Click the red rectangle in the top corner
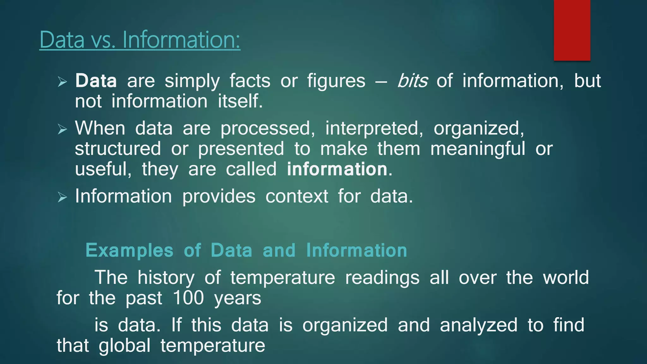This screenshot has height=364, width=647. click(572, 30)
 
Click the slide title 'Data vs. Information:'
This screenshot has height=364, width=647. click(140, 40)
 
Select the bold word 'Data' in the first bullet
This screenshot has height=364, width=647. click(96, 81)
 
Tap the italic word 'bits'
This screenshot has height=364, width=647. click(412, 81)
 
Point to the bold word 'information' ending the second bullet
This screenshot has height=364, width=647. click(337, 169)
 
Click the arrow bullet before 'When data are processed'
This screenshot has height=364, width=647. click(63, 129)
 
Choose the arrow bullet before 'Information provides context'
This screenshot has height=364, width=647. click(63, 197)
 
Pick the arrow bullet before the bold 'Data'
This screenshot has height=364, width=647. click(63, 82)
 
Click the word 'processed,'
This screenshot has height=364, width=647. click(268, 129)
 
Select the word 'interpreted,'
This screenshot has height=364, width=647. click(374, 129)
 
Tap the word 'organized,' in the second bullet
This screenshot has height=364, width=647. click(479, 129)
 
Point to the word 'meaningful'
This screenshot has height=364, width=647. click(478, 149)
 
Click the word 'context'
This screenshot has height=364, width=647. click(297, 196)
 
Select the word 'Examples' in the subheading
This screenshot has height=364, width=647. click(129, 250)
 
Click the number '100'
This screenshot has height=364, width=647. click(188, 298)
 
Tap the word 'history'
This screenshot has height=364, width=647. click(166, 277)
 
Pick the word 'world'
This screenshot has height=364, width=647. click(566, 277)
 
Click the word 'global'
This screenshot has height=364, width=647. click(124, 345)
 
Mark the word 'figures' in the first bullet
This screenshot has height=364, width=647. click(336, 81)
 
